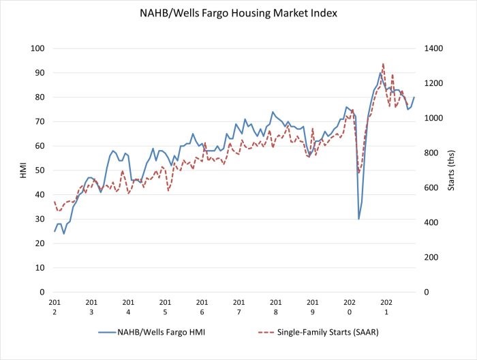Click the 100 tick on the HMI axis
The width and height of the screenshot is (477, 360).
(37, 48)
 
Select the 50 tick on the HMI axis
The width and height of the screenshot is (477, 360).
(39, 170)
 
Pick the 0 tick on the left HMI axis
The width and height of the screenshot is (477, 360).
(42, 292)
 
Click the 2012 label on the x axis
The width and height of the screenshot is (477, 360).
(55, 306)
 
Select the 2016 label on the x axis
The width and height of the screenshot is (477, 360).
(202, 306)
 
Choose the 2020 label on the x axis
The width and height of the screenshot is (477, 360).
(349, 306)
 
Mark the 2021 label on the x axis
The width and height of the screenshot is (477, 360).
(386, 306)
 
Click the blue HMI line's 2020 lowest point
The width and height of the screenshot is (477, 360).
(358, 219)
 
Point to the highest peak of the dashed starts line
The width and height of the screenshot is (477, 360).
(383, 63)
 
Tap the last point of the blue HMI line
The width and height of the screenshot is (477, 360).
(414, 97)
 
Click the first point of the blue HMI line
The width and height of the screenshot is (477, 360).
(55, 231)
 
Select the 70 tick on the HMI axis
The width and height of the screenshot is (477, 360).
(39, 121)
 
